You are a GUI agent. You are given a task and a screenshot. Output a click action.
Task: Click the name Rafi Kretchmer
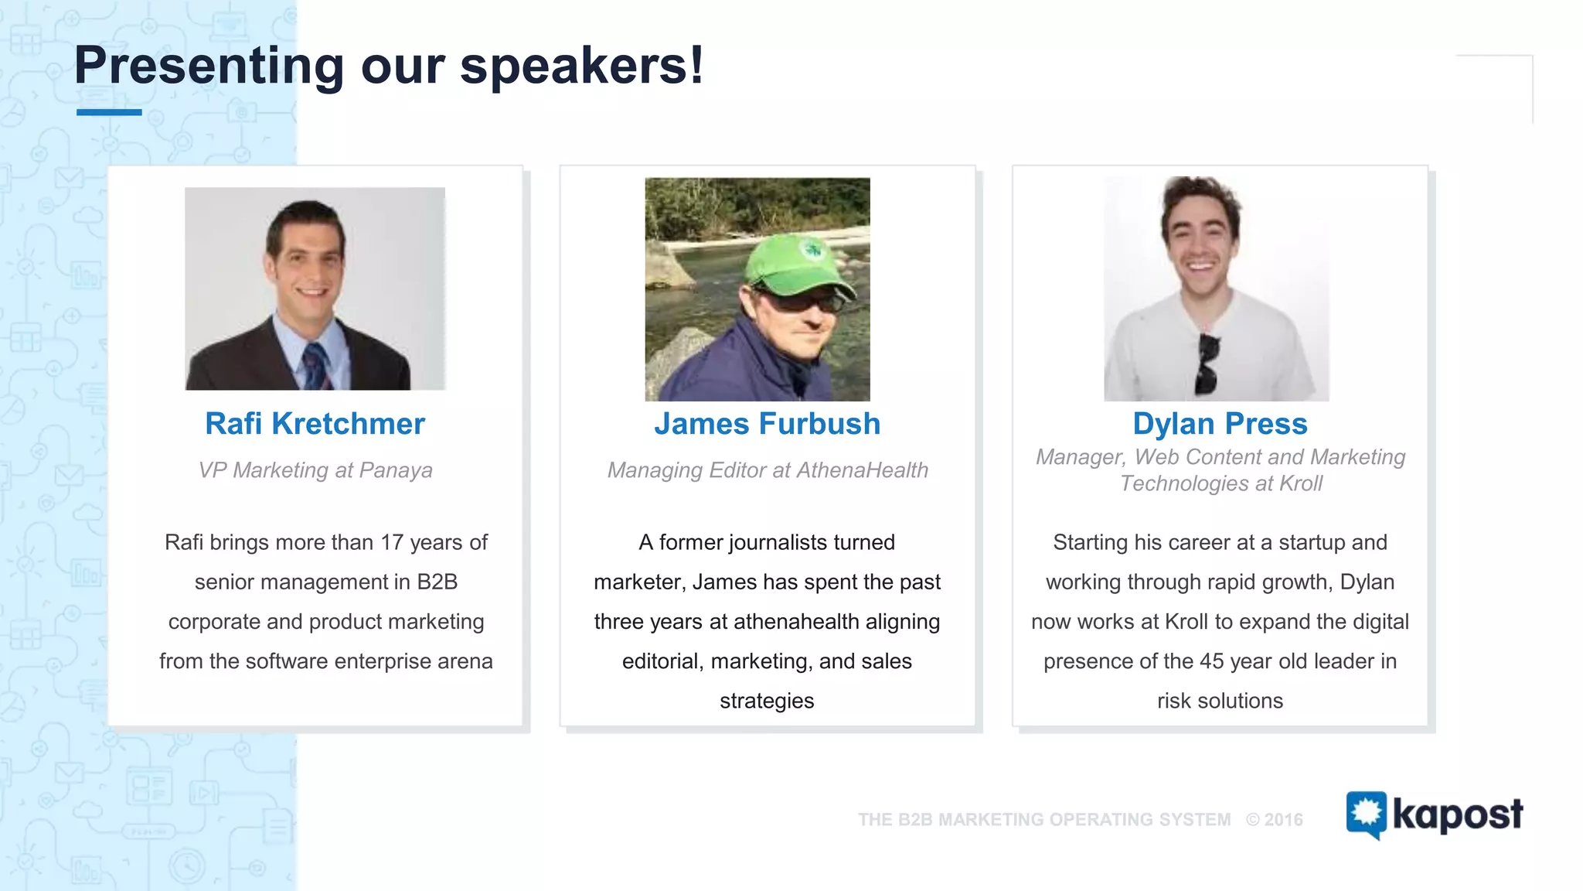coord(315,424)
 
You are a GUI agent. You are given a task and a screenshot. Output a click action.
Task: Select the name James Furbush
coord(767,424)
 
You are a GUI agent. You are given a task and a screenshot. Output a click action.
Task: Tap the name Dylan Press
coord(1220,424)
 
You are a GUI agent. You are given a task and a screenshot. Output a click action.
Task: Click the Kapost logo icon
coord(1366,814)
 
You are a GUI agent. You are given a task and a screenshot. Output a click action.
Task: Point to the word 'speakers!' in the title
coord(582,66)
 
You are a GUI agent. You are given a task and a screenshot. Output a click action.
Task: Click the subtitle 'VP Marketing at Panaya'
coord(315,470)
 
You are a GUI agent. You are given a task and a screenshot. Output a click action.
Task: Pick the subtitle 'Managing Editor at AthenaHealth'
coord(767,470)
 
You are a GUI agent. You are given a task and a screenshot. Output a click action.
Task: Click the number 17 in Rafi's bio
coord(392,542)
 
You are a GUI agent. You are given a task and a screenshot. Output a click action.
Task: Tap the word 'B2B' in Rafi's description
coord(437,582)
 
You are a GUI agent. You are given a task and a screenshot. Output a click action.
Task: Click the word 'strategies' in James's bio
coord(767,701)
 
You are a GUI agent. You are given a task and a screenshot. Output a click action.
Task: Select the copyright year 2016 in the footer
coord(1283,820)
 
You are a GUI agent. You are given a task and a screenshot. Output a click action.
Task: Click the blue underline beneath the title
coord(109,113)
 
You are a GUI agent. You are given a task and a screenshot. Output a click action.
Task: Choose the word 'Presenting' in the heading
coord(209,66)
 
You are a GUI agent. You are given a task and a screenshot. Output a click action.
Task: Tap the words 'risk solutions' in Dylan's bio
coord(1220,701)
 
